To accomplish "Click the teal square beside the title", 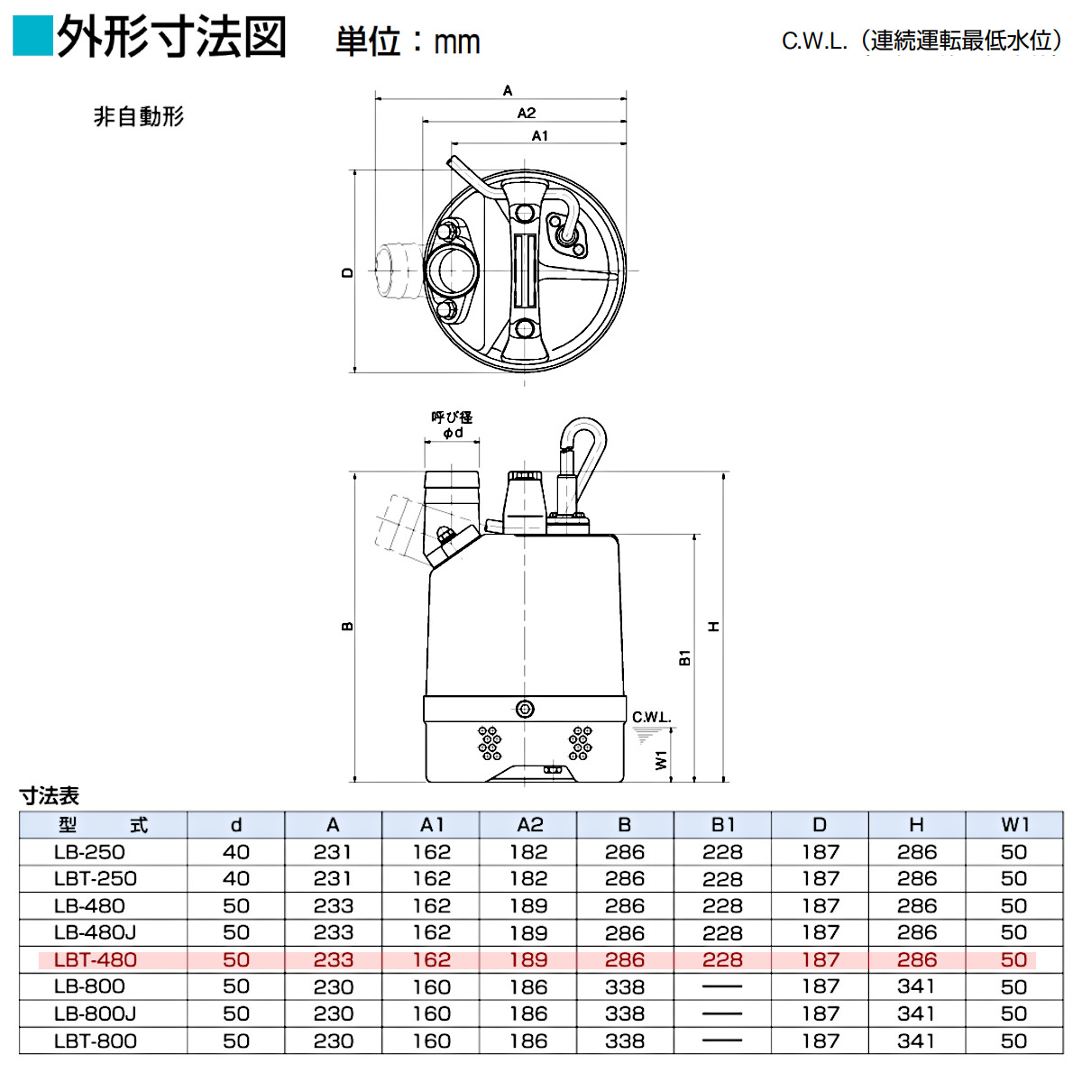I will [33, 36].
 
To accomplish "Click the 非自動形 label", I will [139, 116].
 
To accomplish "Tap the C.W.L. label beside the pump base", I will [651, 718].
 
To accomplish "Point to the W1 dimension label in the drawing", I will [662, 760].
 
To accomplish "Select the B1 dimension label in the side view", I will [685, 657].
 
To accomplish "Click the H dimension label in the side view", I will [714, 627].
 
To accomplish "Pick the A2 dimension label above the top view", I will [527, 113].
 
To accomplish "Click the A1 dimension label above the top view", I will [539, 135].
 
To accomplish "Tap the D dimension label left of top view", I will [348, 272].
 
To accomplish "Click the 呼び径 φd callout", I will [452, 425].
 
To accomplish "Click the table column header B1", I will [722, 825].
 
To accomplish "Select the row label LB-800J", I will [95, 1013].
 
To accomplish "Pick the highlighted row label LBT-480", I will [95, 960].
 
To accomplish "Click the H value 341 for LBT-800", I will [916, 1041].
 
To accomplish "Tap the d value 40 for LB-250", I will [236, 852].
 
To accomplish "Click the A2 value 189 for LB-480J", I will [528, 933].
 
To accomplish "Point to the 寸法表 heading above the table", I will [50, 795].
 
